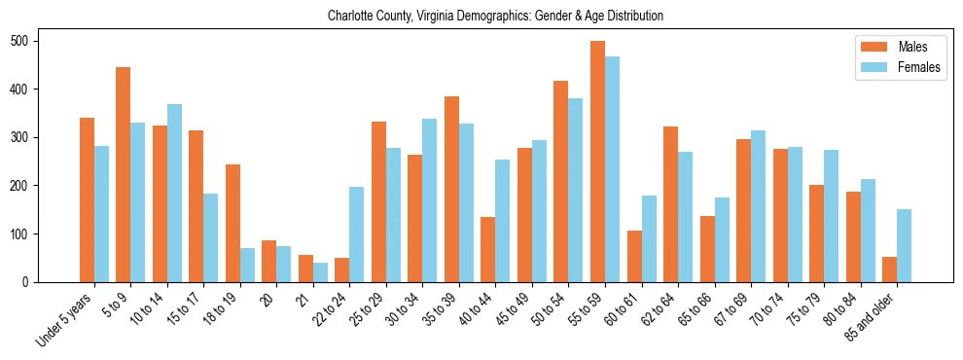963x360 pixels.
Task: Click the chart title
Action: (x=495, y=16)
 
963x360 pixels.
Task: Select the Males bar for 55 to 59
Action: (x=597, y=162)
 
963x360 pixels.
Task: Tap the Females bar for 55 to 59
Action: (x=612, y=169)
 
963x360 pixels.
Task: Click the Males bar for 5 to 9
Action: (x=124, y=174)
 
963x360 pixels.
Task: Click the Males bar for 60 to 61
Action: (x=634, y=256)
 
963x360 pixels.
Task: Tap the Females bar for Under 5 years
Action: (x=101, y=214)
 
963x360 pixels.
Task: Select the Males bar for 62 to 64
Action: (x=670, y=204)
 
